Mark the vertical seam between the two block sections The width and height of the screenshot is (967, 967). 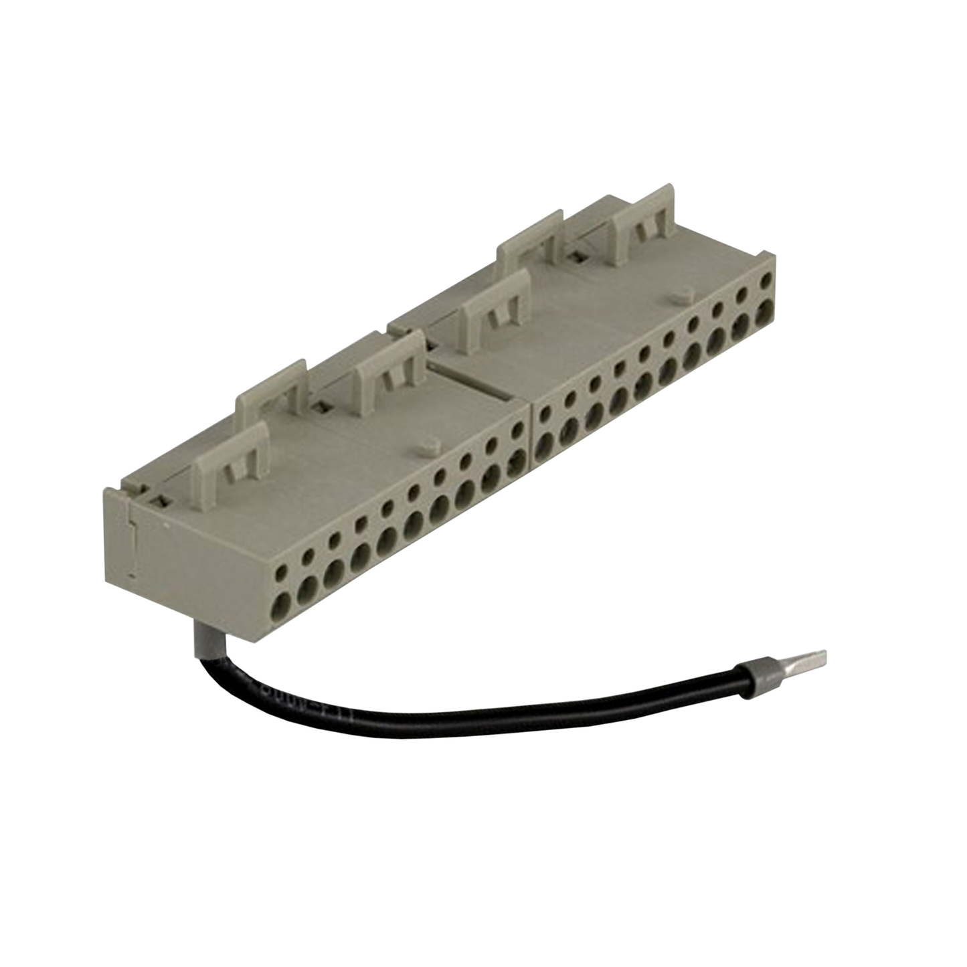pos(530,435)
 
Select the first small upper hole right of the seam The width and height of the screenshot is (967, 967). pos(546,412)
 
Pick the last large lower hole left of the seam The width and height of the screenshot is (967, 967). pos(517,460)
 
